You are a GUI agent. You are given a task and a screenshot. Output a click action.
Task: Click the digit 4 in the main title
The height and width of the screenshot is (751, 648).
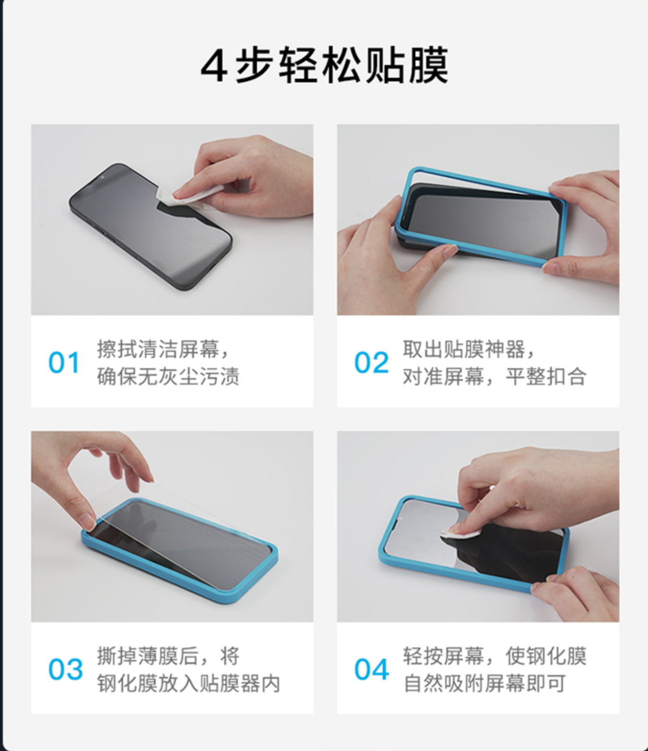pos(214,66)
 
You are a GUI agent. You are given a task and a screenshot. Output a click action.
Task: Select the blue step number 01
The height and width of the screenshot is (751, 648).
pos(64,363)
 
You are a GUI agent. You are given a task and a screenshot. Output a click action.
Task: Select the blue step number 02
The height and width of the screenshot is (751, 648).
pos(371,363)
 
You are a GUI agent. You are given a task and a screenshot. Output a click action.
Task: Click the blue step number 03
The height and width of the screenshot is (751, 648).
pos(65,669)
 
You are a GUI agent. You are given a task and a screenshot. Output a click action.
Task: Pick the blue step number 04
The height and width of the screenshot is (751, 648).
pos(371,669)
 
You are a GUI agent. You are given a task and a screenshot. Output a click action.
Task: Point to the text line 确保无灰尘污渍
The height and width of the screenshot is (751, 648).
pos(168,376)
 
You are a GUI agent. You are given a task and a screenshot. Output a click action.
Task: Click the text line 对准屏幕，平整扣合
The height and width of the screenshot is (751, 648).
pos(494,376)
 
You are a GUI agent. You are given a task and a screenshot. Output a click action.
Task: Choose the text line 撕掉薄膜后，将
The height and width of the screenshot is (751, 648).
pos(168,656)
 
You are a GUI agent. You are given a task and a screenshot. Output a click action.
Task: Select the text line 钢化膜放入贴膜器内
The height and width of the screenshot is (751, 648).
pos(189,683)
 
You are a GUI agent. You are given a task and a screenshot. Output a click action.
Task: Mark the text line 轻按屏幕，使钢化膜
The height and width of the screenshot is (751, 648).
pos(494,656)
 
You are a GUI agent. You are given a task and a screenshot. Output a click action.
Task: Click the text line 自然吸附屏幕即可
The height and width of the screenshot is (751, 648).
pos(484,683)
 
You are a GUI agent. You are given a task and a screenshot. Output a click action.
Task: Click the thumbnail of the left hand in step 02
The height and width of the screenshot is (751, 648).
pos(449,250)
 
